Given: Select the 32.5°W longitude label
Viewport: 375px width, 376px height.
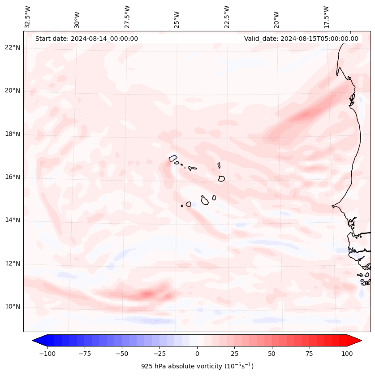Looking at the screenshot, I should point(28,17).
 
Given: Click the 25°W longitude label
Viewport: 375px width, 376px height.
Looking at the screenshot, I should point(177,18).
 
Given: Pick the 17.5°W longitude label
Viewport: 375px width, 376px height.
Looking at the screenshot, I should point(326,17).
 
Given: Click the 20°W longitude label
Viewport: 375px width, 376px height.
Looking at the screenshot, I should point(276,18).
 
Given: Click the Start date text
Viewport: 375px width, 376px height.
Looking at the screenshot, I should point(86,39).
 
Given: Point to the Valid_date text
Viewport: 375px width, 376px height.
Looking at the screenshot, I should point(301,39).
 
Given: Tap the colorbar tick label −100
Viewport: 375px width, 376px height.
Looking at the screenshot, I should point(47,354).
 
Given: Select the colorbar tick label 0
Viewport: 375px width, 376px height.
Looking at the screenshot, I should point(197,354).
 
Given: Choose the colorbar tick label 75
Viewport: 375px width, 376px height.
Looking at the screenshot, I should point(309,354).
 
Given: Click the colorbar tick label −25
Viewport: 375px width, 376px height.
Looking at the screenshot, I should point(159,354).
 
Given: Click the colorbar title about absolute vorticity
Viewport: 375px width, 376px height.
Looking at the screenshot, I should point(197,366).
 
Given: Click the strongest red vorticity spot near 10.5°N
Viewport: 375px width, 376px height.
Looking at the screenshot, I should point(147,294).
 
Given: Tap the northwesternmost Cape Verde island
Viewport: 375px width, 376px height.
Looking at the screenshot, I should point(173,158).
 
